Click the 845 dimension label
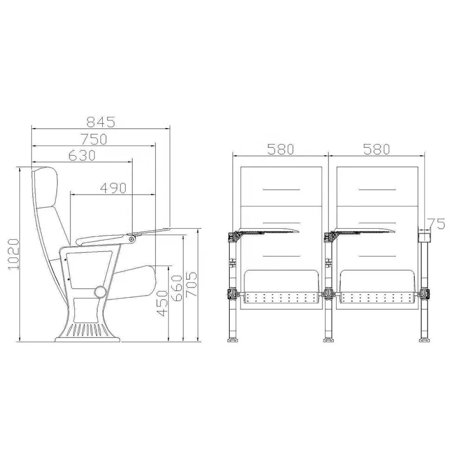[x=101, y=122]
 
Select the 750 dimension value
[x=94, y=138]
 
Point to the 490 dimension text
[x=113, y=188]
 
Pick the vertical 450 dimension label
[x=162, y=303]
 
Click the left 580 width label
[x=280, y=149]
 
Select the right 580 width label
[x=376, y=149]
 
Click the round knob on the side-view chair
[x=99, y=292]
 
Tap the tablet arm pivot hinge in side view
[x=132, y=239]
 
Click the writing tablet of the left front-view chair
[x=269, y=230]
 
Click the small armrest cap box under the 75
[x=423, y=236]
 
